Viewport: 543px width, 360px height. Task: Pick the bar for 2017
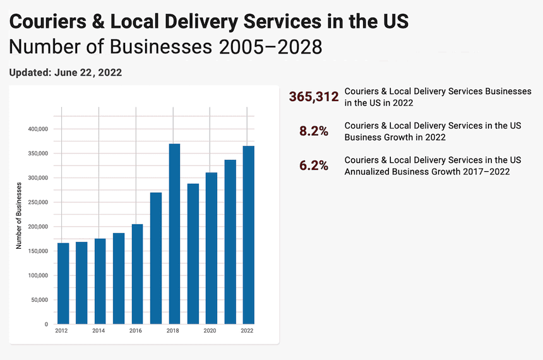tap(156, 258)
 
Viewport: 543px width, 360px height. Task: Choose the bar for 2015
tap(119, 279)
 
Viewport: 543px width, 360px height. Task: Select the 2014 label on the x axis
tap(99, 330)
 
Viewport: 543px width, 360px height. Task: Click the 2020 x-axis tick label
tap(210, 330)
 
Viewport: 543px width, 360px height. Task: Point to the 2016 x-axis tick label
tap(136, 330)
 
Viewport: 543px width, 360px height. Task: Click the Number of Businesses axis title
tap(19, 215)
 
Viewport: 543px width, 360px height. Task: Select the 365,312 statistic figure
tap(314, 97)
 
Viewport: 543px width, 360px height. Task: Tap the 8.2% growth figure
tap(314, 131)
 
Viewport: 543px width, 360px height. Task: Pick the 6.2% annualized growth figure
tap(314, 165)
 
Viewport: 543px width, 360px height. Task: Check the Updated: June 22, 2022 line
tap(66, 72)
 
